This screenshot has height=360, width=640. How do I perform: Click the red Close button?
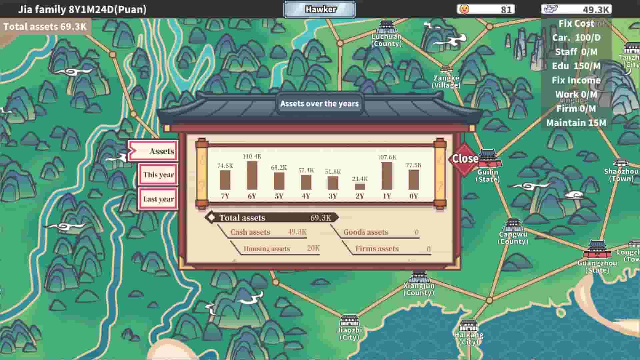(x=464, y=159)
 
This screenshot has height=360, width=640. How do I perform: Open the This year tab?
(x=158, y=175)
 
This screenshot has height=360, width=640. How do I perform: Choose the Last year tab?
(x=158, y=199)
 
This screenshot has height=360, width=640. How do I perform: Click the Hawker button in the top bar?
(x=320, y=9)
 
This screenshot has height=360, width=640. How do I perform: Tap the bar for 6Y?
(x=252, y=175)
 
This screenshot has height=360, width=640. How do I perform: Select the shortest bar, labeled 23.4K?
(x=360, y=187)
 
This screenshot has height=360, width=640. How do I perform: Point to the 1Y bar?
(x=387, y=176)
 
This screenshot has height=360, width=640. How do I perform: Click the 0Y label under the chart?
(x=413, y=196)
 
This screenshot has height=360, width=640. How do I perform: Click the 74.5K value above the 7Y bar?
(x=225, y=166)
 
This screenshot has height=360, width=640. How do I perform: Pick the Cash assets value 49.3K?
(x=297, y=232)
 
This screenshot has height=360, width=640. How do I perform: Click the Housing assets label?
(x=267, y=249)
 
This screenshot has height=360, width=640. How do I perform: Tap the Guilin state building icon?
(x=489, y=159)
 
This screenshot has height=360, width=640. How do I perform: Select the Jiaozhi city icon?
(x=349, y=321)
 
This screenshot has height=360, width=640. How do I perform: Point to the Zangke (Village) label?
(x=446, y=81)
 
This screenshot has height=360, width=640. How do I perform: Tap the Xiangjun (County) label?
(x=419, y=289)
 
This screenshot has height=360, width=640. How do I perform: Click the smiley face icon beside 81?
(x=464, y=9)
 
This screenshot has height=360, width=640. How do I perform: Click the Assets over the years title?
(x=319, y=104)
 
